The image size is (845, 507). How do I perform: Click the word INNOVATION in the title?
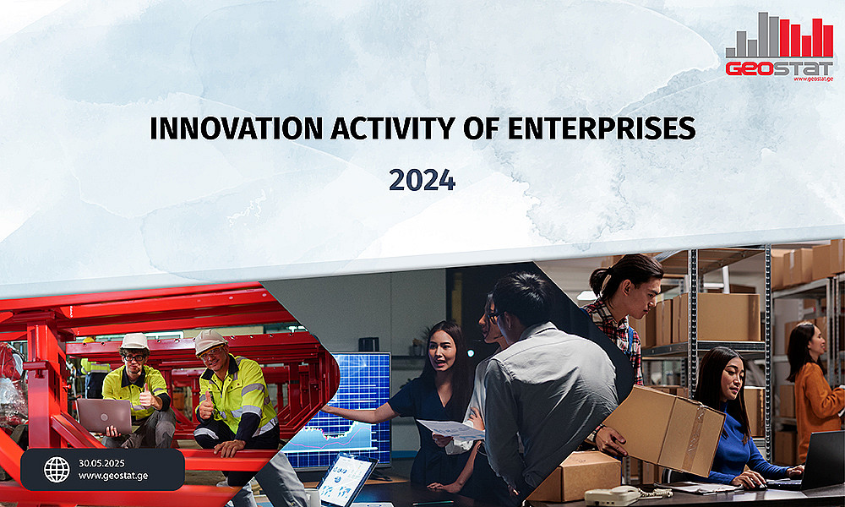(x=236, y=128)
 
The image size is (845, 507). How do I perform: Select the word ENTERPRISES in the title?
(x=602, y=128)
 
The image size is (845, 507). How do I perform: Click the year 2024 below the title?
(x=422, y=180)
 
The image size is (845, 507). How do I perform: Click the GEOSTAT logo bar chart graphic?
(x=779, y=35)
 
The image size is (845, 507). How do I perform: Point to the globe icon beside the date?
(x=57, y=470)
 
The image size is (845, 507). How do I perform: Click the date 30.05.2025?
(x=101, y=463)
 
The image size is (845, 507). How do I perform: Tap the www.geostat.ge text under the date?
(x=113, y=477)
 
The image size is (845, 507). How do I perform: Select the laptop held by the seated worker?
(x=104, y=416)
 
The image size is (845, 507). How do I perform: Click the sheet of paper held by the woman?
(x=451, y=429)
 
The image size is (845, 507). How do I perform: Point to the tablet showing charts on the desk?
(x=346, y=479)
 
